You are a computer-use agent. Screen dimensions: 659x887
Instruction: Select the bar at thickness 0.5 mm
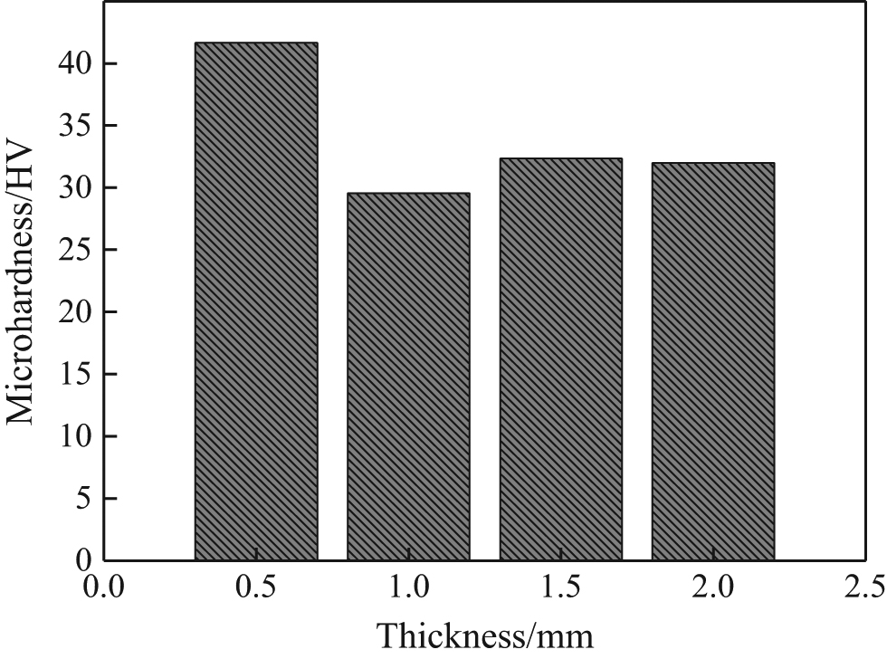256,301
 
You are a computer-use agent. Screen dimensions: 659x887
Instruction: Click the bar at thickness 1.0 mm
408,377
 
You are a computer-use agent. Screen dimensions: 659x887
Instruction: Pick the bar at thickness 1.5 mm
560,359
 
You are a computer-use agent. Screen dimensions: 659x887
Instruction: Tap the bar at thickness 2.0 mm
712,361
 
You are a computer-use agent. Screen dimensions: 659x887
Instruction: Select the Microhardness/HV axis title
22,281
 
